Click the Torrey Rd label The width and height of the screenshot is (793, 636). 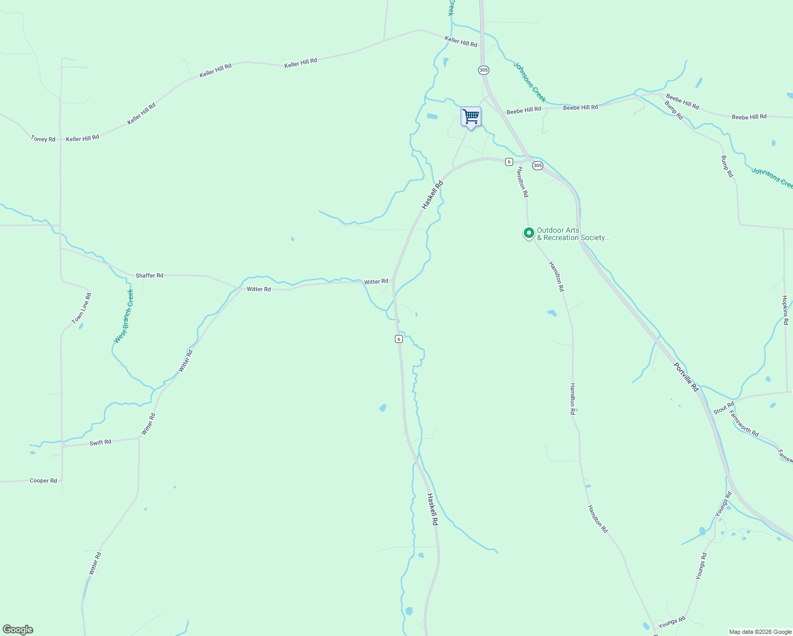coord(43,139)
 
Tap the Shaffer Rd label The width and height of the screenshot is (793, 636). coord(149,276)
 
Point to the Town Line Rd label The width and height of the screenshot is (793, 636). coord(82,308)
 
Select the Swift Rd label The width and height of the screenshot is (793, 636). coord(100,442)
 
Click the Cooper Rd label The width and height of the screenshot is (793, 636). coord(43,481)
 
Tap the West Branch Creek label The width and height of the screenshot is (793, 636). coord(124,316)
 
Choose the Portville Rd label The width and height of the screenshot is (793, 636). coord(686,377)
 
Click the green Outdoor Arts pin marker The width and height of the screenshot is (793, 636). coord(528,233)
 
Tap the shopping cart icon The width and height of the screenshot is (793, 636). coord(471,117)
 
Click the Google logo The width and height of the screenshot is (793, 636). coord(18,630)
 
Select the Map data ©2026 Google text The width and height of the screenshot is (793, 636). coord(760,632)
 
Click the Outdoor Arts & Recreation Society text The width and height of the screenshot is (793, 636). coord(572,234)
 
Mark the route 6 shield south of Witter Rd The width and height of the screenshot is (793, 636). coord(399,339)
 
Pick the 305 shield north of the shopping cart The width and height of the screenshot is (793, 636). coord(483,70)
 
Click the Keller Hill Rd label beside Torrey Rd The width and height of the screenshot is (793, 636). coord(83,138)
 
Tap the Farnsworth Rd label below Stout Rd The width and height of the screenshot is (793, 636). coord(744,423)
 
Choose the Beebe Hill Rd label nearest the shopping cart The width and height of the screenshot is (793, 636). coord(524,110)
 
